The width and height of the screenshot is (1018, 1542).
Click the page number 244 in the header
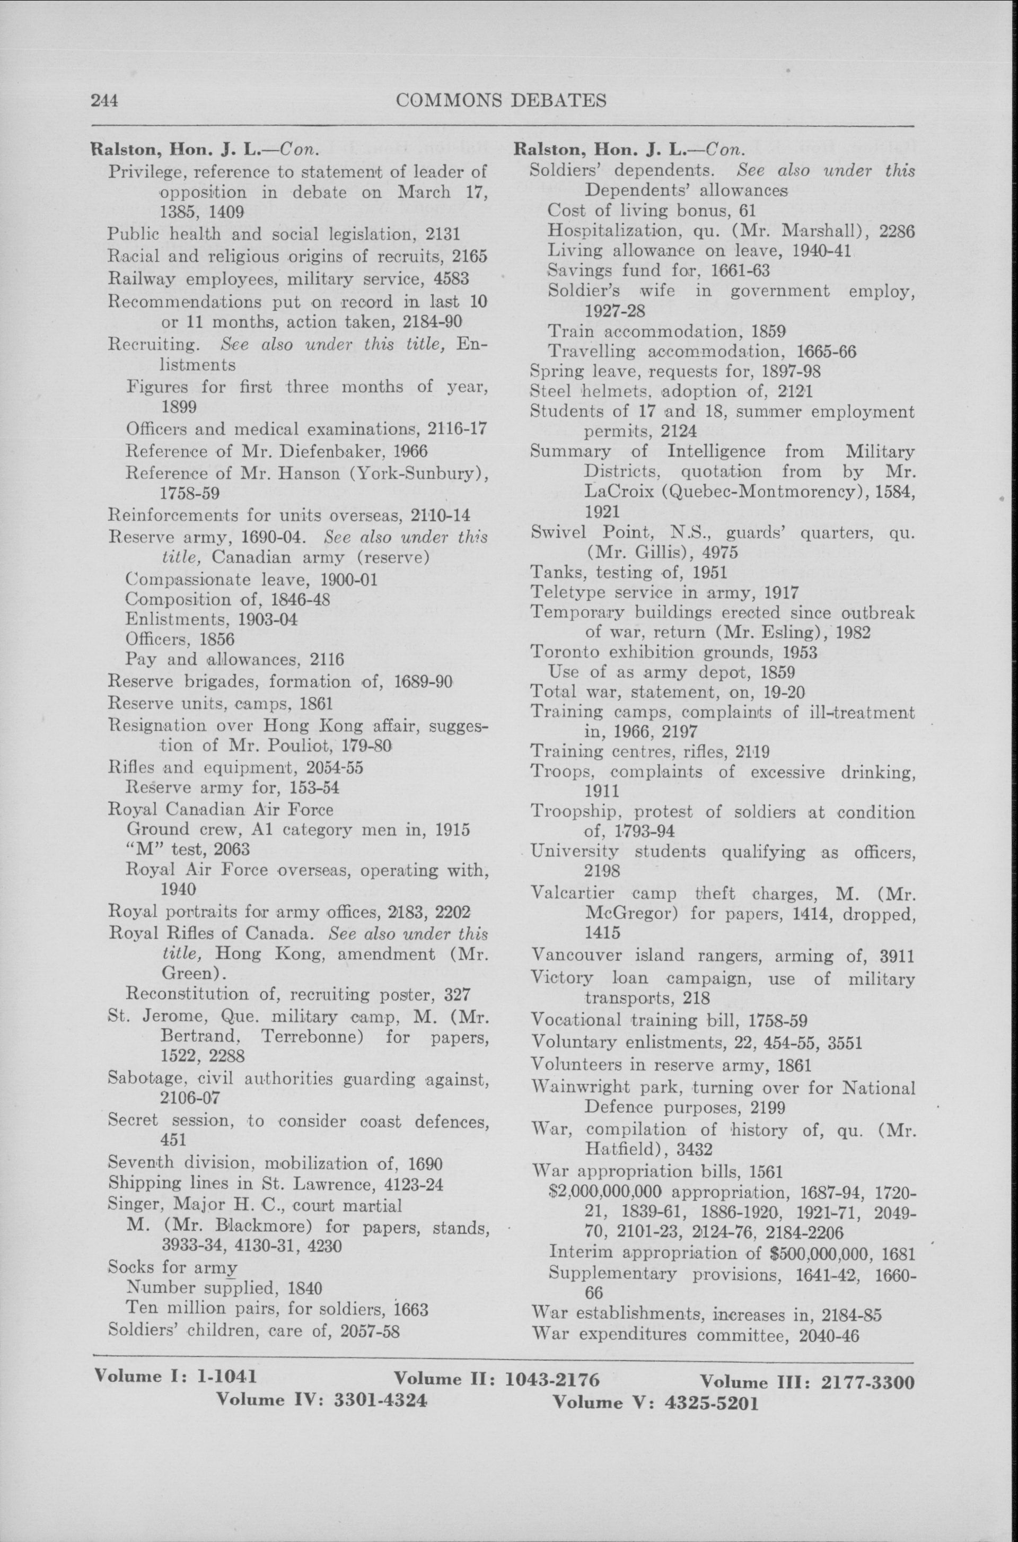click(x=104, y=101)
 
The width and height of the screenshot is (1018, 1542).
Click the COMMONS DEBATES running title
click(x=501, y=101)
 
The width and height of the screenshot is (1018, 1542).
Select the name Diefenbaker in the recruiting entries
click(x=332, y=451)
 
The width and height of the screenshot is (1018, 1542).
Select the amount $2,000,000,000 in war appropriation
click(x=605, y=1192)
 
